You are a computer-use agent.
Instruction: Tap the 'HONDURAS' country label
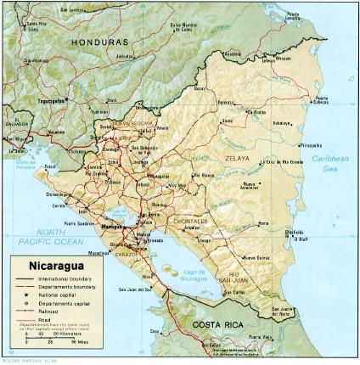99,42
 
